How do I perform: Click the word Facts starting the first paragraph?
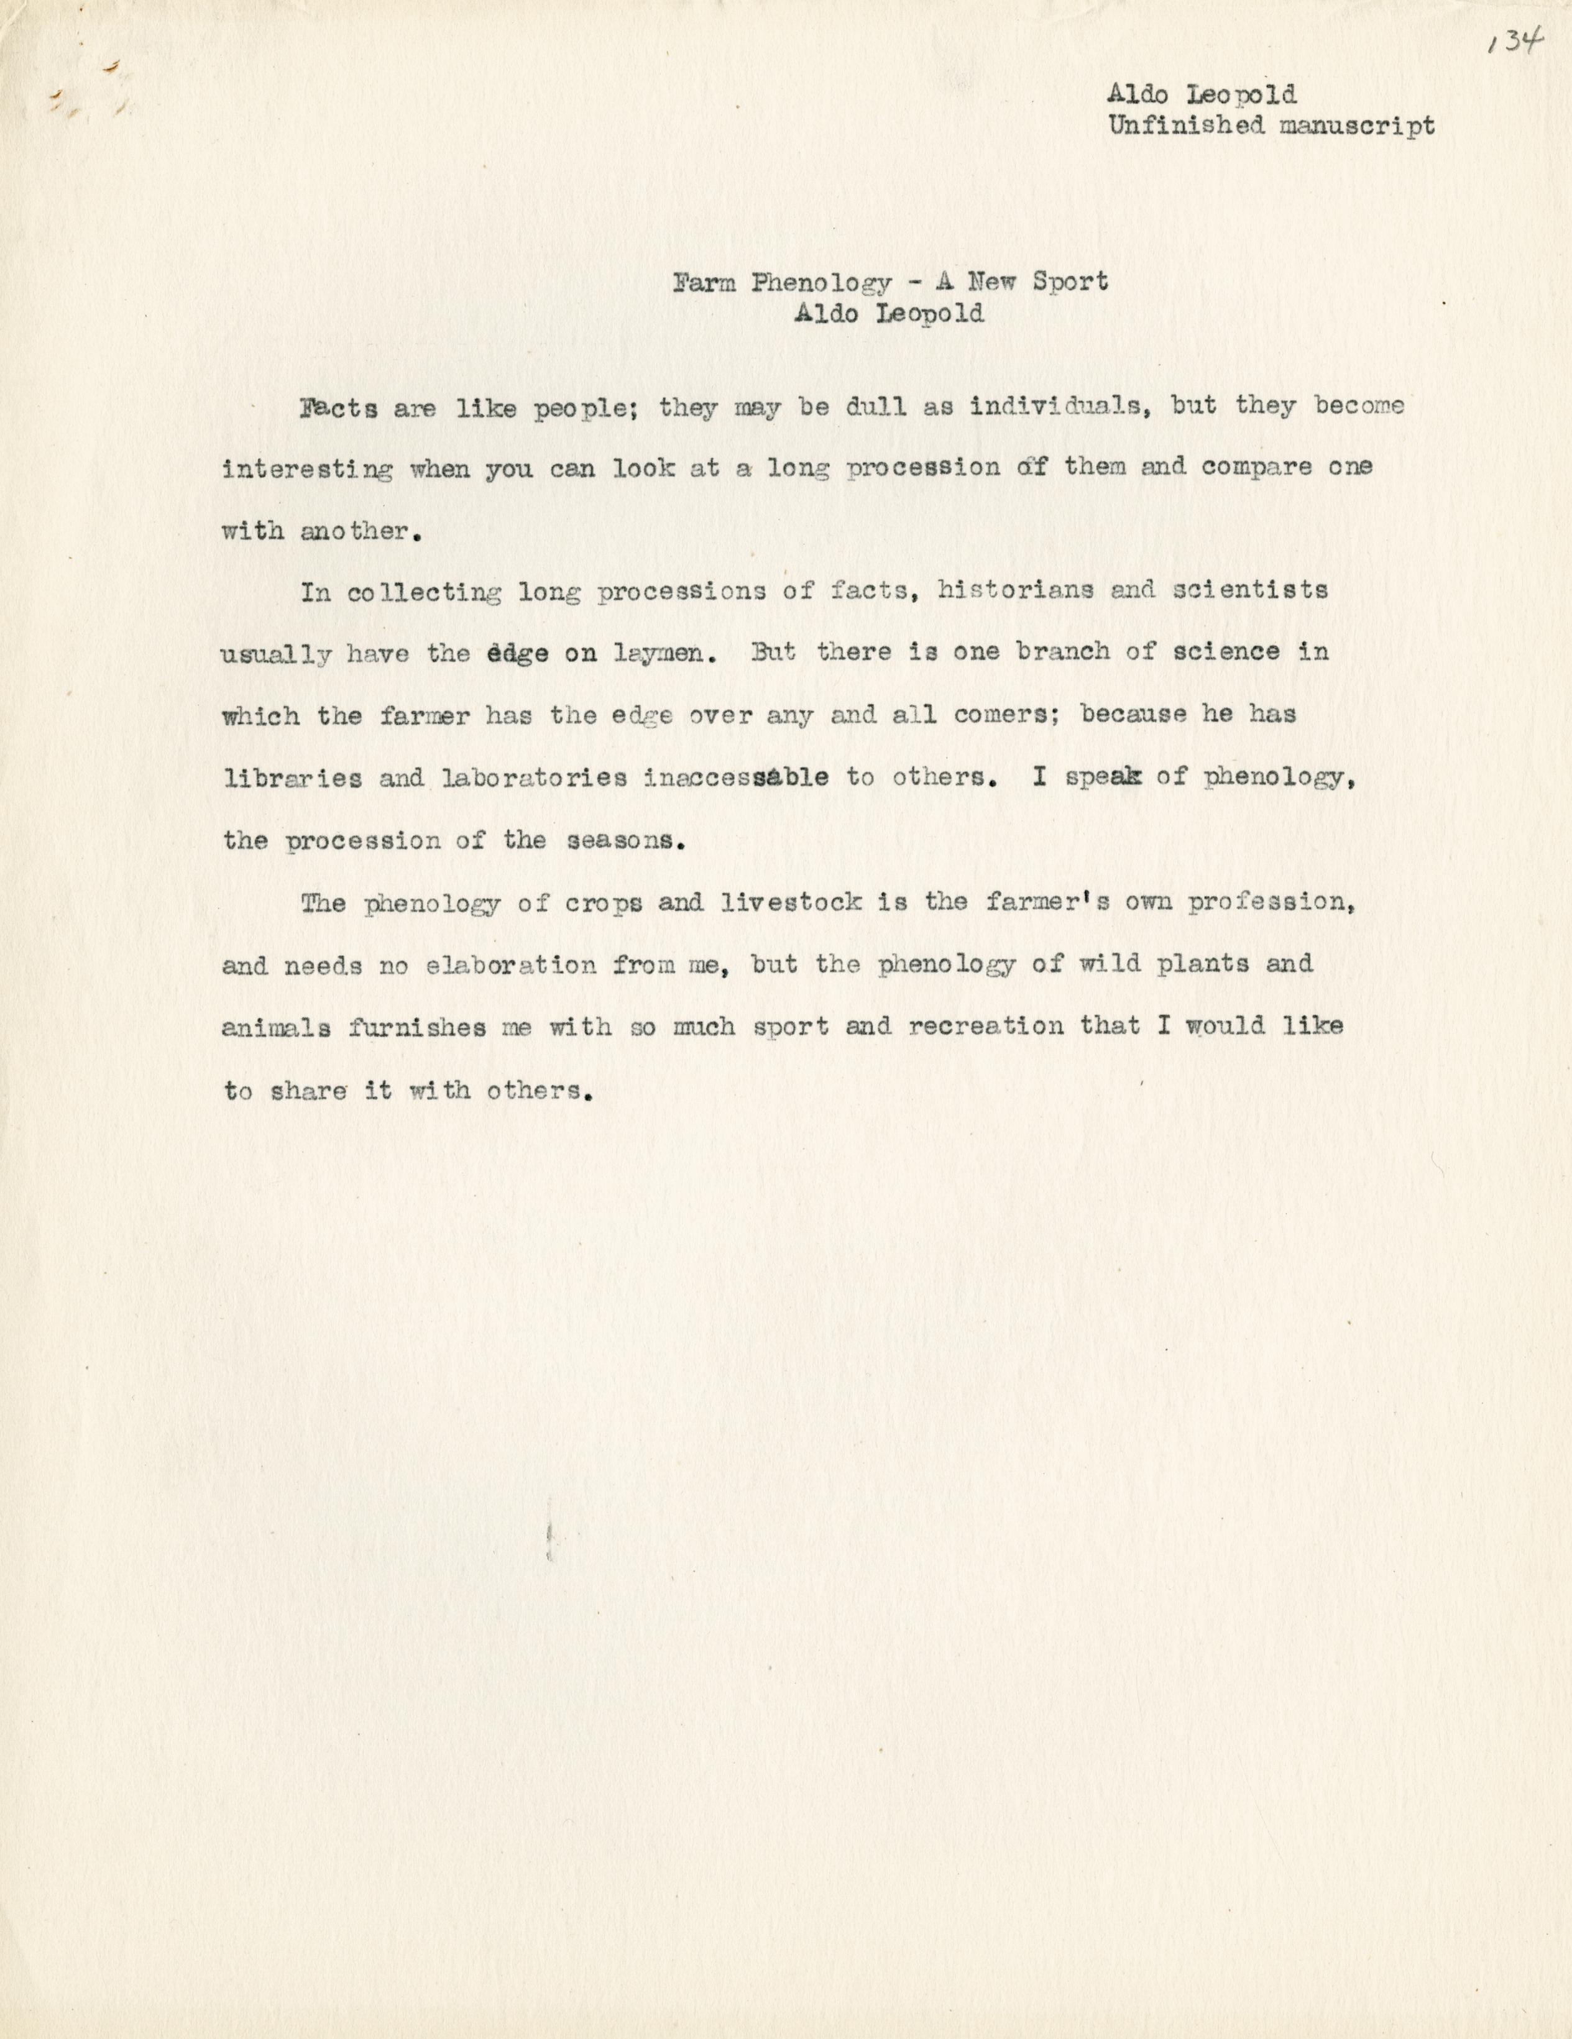click(338, 409)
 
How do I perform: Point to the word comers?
click(1003, 716)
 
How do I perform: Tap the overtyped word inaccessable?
click(736, 777)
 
